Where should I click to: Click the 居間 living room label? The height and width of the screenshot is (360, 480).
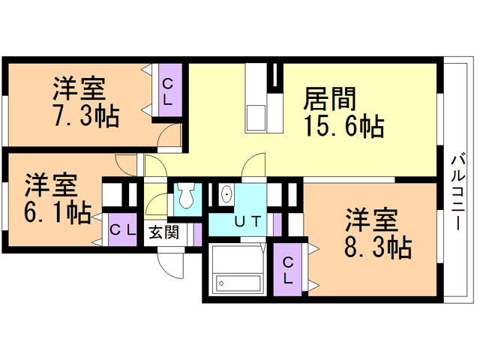[330, 98]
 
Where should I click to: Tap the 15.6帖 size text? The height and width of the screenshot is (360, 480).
[343, 126]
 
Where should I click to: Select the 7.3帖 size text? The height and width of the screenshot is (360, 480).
[86, 115]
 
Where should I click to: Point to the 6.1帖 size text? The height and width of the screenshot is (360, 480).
[58, 212]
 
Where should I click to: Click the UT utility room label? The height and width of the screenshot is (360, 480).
[248, 221]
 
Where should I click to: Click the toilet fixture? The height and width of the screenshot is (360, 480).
[186, 195]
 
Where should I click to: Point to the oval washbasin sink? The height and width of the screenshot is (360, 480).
[226, 194]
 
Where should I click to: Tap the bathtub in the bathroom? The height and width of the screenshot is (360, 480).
[238, 283]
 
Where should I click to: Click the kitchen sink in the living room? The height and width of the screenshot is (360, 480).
[255, 118]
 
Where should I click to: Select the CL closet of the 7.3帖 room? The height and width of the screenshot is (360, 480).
[170, 90]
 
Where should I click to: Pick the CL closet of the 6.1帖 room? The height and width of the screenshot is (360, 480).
[122, 230]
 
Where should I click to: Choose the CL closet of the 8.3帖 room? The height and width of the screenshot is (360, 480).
[287, 270]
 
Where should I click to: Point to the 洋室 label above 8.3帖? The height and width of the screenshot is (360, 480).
[371, 220]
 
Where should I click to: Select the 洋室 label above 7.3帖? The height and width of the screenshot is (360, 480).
[79, 88]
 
